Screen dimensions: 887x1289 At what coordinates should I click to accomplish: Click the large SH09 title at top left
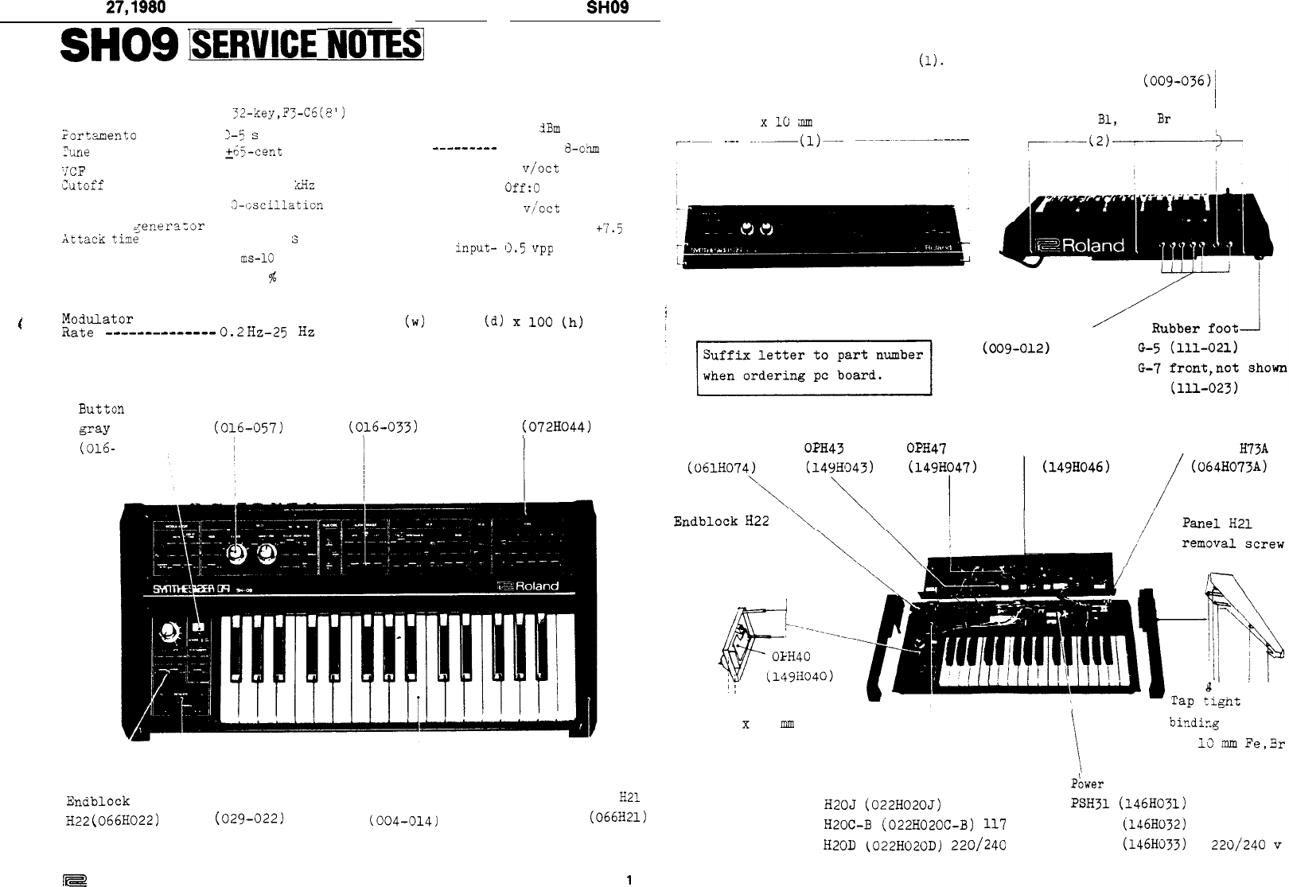click(x=119, y=48)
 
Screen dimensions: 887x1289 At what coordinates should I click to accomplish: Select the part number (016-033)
click(x=384, y=428)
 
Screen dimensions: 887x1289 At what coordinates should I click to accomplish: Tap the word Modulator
click(x=97, y=319)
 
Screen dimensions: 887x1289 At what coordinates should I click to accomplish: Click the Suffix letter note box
click(x=813, y=366)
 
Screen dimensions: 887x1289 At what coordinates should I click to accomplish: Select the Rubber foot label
click(x=1194, y=329)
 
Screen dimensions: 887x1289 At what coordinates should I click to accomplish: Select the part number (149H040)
click(x=799, y=677)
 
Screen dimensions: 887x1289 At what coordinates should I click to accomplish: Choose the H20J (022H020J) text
click(x=882, y=803)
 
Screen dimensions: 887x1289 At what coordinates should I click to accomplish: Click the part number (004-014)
click(x=400, y=818)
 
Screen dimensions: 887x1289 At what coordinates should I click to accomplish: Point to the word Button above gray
click(x=101, y=409)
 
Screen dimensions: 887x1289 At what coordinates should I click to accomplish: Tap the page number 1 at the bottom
click(x=629, y=880)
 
